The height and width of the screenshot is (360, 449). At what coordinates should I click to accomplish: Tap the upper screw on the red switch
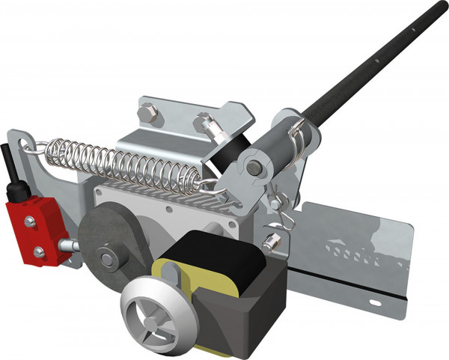[x=30, y=220]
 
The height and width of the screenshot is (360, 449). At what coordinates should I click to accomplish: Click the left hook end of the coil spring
[x=36, y=147]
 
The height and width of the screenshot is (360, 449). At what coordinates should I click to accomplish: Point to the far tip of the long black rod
[x=442, y=6]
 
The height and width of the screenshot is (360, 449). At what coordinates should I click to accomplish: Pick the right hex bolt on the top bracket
[x=200, y=119]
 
